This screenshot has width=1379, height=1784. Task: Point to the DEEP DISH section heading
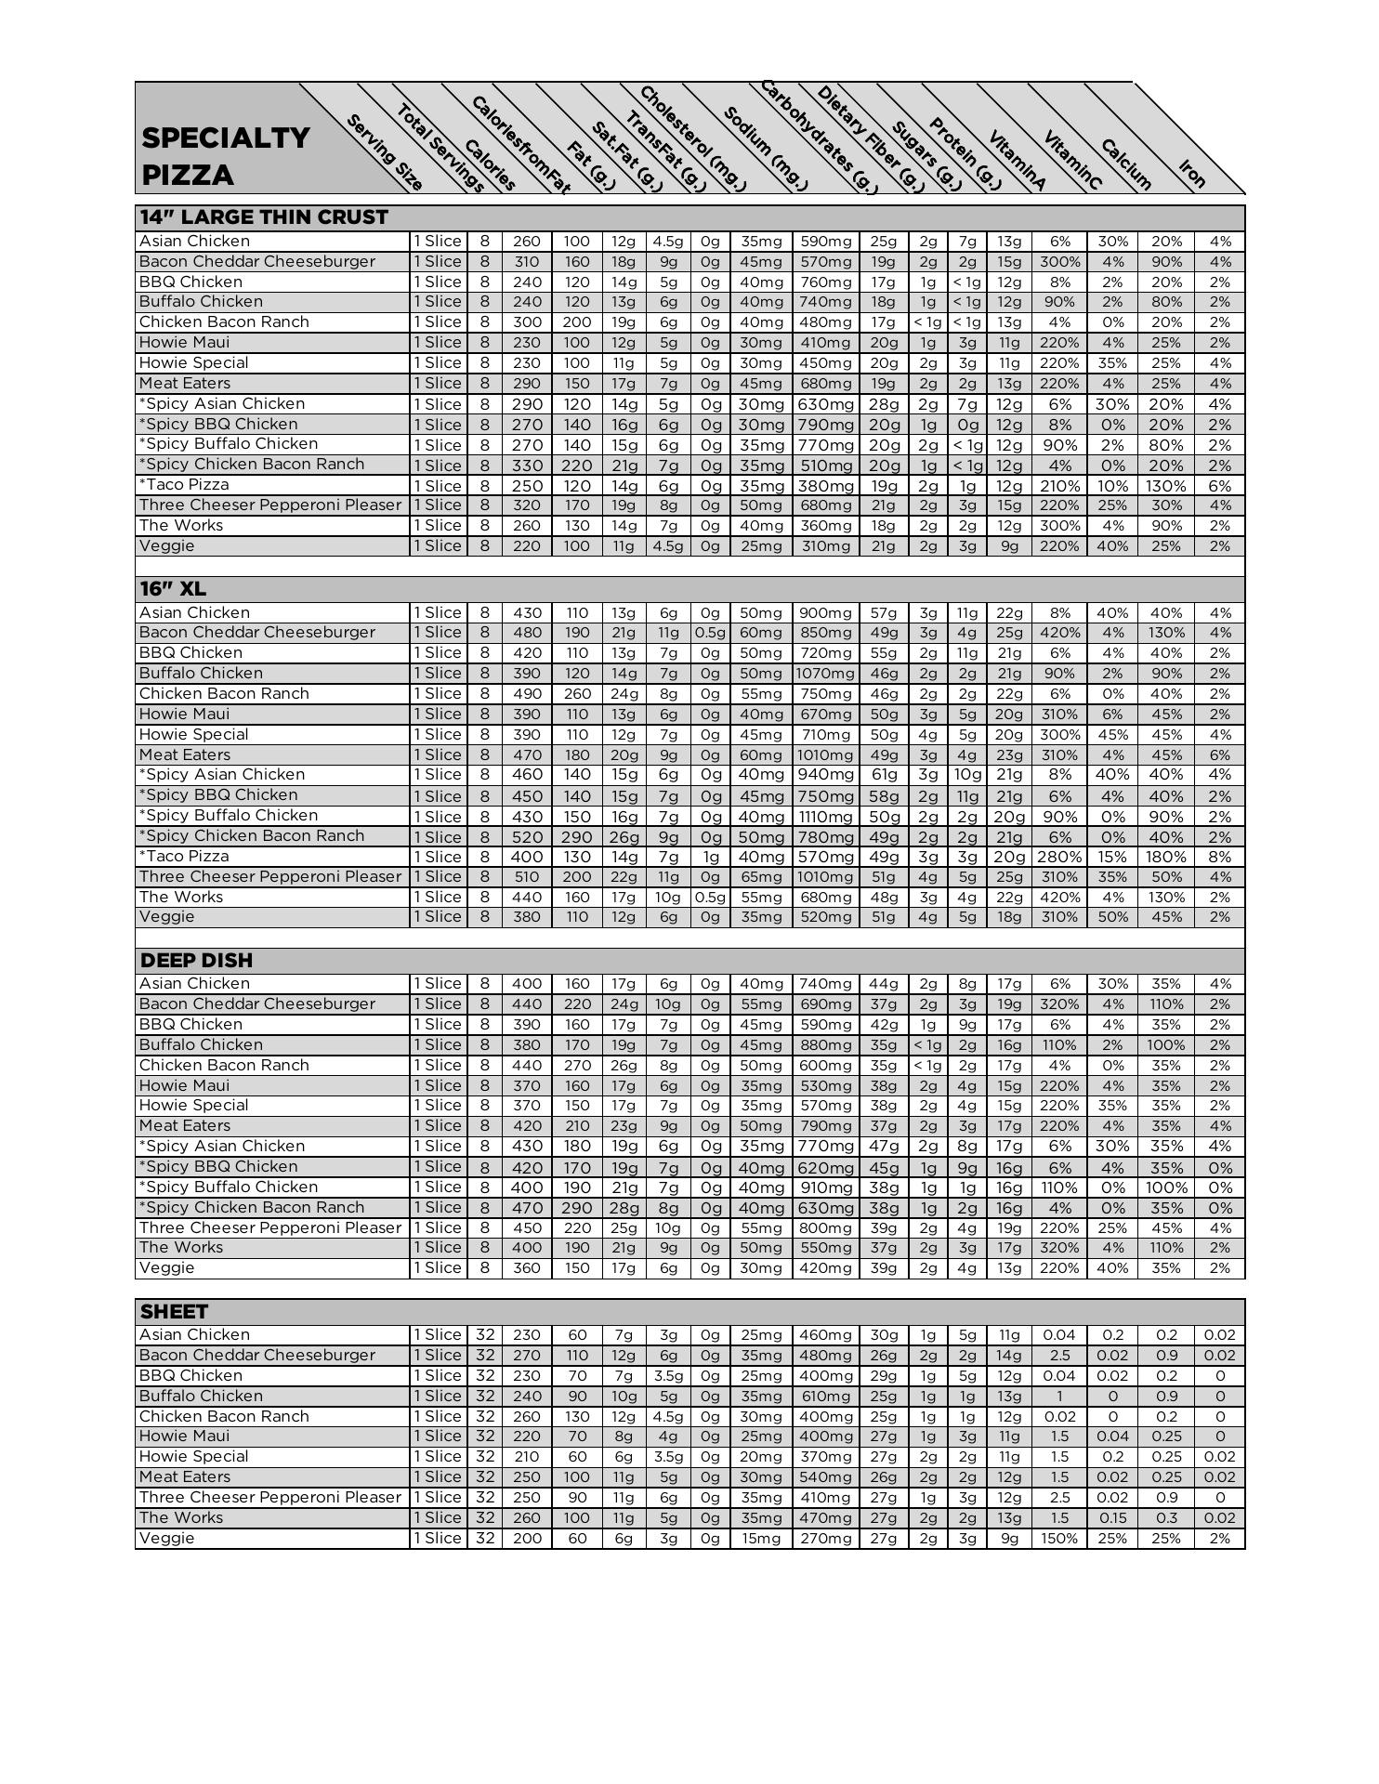coord(196,960)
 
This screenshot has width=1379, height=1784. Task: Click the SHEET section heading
coord(174,1311)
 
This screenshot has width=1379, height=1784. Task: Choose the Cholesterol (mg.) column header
coord(691,138)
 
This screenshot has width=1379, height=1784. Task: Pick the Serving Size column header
coord(385,152)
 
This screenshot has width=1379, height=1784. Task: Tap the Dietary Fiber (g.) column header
coord(870,138)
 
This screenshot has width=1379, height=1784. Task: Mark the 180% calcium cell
coord(1166,857)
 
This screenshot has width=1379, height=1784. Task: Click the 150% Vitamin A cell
coord(1059,1538)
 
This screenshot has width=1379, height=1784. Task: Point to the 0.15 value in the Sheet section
coord(1112,1517)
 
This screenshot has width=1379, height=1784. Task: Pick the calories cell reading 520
coord(526,836)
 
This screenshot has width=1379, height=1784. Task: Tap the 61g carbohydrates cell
coord(883,775)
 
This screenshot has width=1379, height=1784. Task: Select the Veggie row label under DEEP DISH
coord(167,1267)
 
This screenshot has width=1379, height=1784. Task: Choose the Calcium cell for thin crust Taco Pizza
coord(1166,485)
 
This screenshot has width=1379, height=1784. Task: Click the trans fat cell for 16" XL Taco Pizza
coord(710,857)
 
